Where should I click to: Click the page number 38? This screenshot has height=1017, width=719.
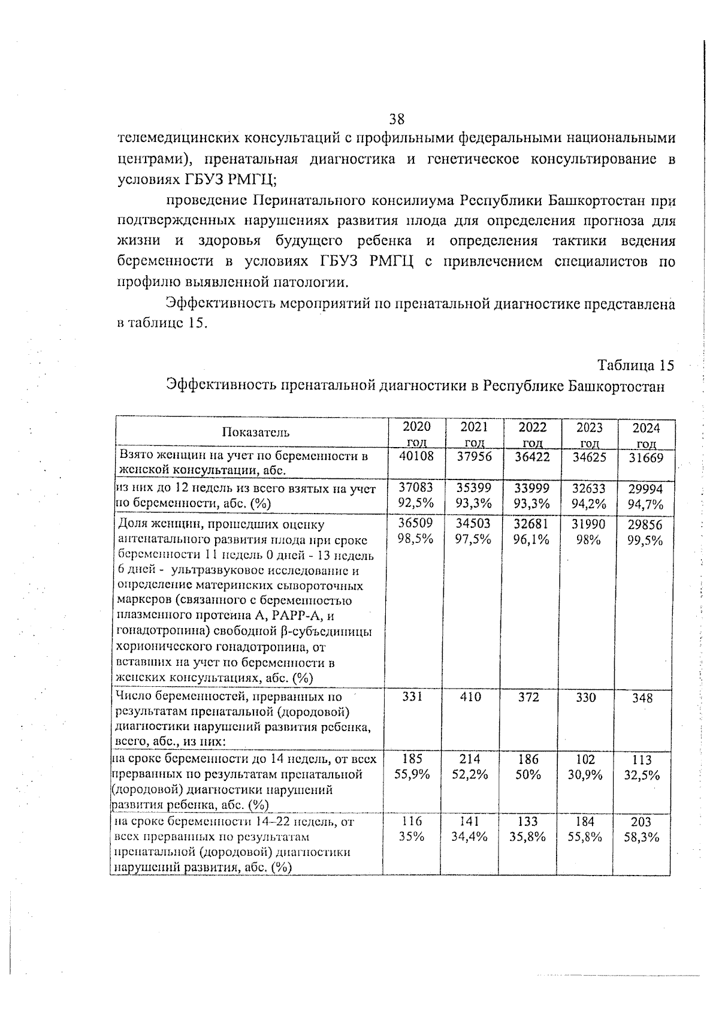point(397,118)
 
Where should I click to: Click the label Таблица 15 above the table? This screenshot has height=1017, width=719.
point(636,365)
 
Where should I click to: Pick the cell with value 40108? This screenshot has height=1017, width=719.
point(416,457)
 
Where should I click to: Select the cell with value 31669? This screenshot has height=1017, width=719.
point(647,458)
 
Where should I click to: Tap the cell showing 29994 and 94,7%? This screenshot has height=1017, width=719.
point(645,497)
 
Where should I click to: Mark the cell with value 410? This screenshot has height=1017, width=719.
point(471,697)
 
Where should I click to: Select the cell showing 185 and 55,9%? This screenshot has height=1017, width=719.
point(413,766)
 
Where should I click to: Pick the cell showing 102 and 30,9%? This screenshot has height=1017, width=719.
point(585,766)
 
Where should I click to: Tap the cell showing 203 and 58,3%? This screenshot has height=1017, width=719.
point(642,829)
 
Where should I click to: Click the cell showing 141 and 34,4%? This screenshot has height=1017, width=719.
point(470,829)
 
